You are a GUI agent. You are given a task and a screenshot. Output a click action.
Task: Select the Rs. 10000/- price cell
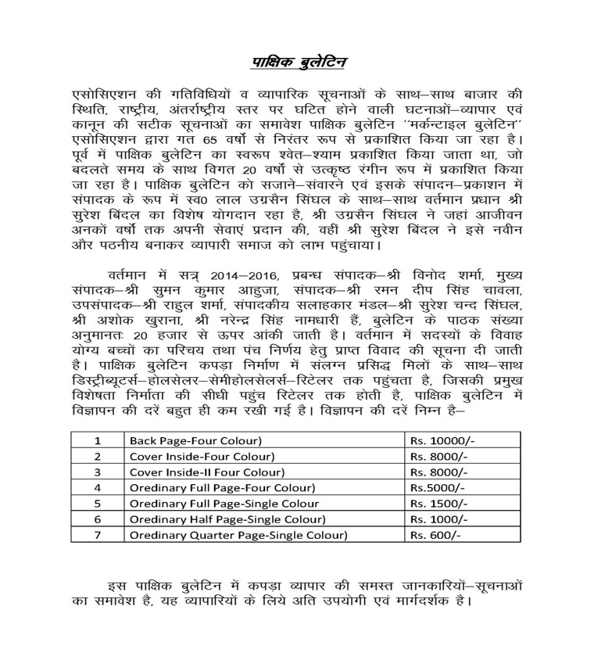coord(442,441)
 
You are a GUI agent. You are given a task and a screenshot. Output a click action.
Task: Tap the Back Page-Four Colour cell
coord(195,441)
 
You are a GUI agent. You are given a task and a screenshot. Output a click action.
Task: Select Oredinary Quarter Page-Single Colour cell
coord(238,535)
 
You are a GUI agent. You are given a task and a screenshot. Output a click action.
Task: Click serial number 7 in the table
coord(98,535)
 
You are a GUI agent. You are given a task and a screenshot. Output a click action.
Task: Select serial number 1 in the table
coord(98,441)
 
